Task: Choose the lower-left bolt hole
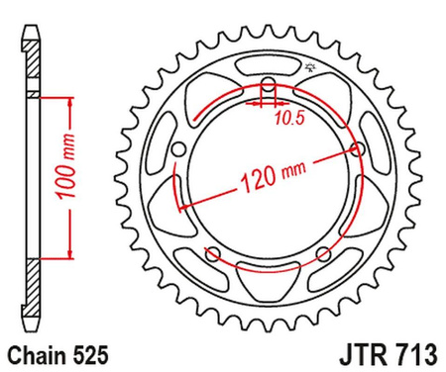211,256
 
